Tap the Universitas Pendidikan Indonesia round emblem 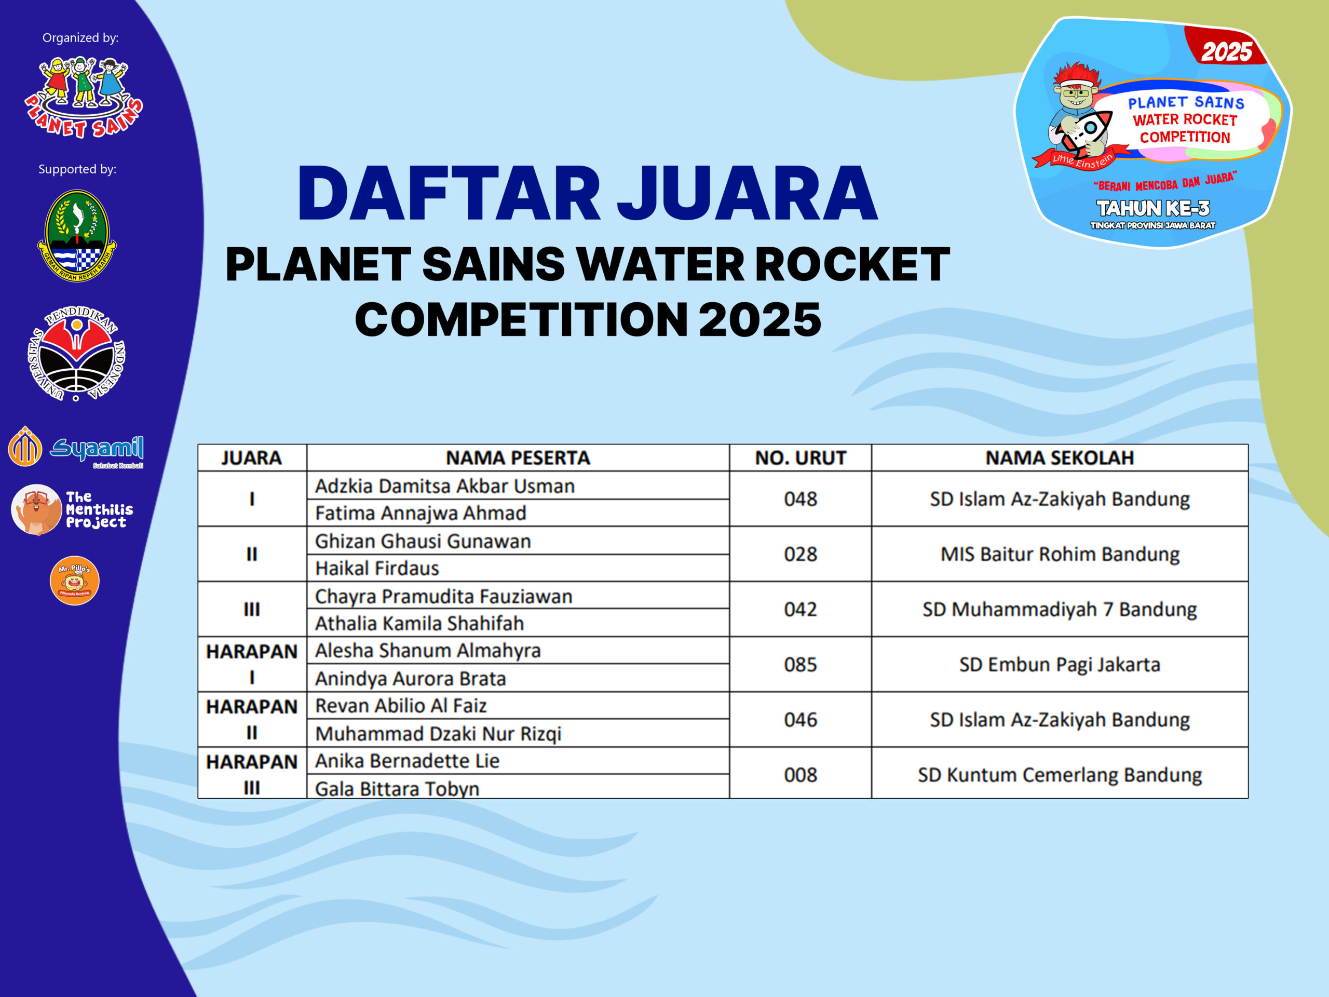76,353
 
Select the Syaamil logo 76,447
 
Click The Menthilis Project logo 72,509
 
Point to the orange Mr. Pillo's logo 75,581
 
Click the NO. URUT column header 801,458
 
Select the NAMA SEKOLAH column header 1060,458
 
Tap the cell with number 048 801,499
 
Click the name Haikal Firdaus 377,568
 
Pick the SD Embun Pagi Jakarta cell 1060,665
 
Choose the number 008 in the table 801,775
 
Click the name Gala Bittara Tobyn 397,788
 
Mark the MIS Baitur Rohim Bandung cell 1060,554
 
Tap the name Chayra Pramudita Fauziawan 444,596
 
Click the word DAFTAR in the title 449,194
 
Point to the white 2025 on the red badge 1227,52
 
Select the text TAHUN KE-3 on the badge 1153,208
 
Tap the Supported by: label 77,169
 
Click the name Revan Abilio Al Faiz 401,706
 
